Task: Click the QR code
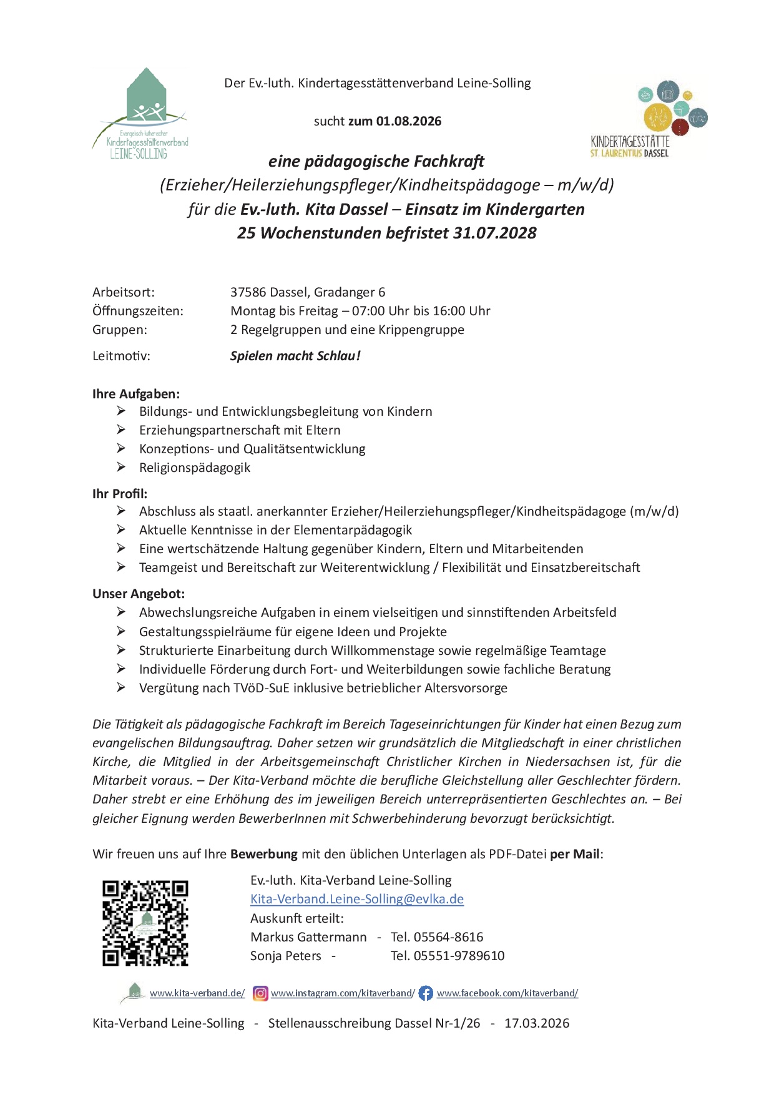(145, 923)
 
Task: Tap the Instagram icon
(260, 993)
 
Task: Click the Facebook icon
(426, 993)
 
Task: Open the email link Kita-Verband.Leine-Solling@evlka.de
(357, 899)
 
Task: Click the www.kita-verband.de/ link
(197, 993)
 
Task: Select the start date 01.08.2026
(409, 121)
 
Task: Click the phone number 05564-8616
(448, 937)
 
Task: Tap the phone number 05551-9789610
(459, 956)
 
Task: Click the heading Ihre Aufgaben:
(136, 394)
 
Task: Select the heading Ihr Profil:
(120, 494)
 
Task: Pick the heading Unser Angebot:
(139, 594)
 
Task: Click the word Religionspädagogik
(195, 468)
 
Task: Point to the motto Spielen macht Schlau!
(295, 356)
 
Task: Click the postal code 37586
(248, 292)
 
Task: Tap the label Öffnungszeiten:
(138, 311)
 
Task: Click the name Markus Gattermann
(308, 937)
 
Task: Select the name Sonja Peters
(286, 956)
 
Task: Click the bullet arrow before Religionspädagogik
(121, 467)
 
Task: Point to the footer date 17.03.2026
(537, 1023)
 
